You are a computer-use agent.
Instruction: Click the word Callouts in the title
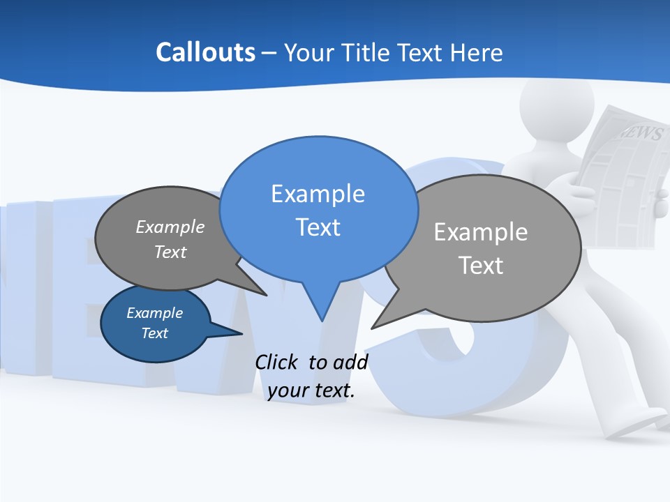(x=205, y=52)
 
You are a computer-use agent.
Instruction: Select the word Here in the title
(x=476, y=52)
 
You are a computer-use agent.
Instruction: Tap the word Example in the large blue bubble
(x=318, y=194)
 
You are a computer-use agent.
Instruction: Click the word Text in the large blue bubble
(x=318, y=227)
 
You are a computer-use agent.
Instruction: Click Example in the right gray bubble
(x=480, y=232)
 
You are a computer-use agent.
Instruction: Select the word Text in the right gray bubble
(x=480, y=266)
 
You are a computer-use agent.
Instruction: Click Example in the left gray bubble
(x=170, y=227)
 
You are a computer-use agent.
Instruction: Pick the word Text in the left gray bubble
(x=170, y=252)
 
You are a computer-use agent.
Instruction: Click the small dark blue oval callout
(x=155, y=324)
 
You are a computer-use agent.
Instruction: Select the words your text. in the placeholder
(x=311, y=390)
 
